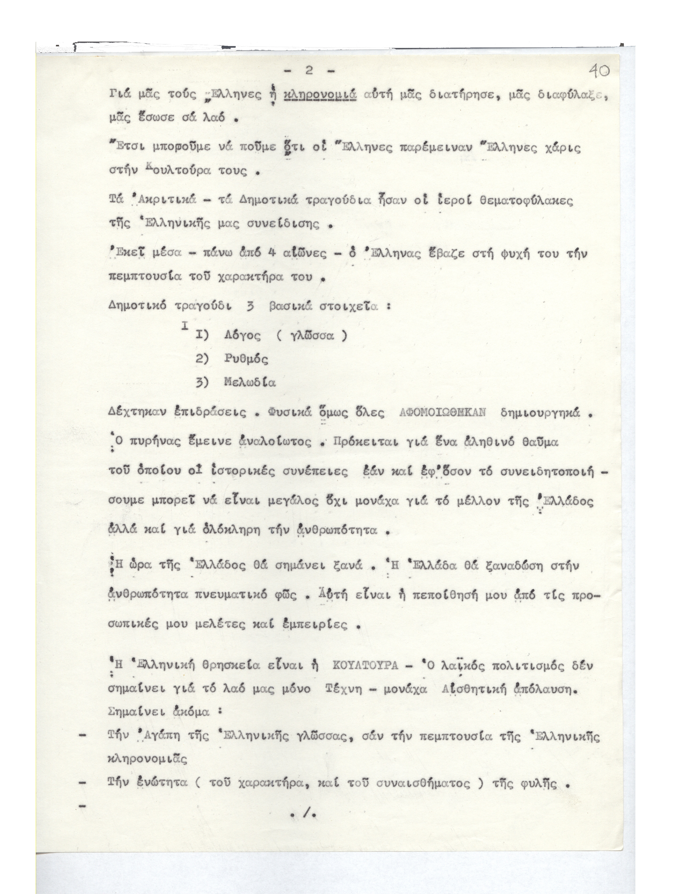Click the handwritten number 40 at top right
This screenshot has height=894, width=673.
tap(599, 71)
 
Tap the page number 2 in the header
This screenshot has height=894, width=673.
tap(309, 71)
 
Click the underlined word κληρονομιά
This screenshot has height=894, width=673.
tap(320, 95)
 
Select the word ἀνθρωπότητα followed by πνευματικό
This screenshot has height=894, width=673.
tap(147, 595)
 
